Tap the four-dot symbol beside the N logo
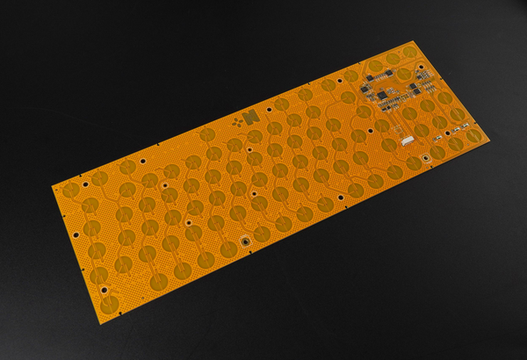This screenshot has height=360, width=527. click(x=238, y=124)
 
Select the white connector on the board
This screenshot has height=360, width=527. click(x=406, y=141)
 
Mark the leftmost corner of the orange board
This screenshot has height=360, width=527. click(x=50, y=184)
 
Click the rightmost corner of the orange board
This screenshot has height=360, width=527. click(x=492, y=140)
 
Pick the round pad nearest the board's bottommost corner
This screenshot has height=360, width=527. click(x=112, y=303)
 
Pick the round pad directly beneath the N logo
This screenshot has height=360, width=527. click(x=254, y=137)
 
